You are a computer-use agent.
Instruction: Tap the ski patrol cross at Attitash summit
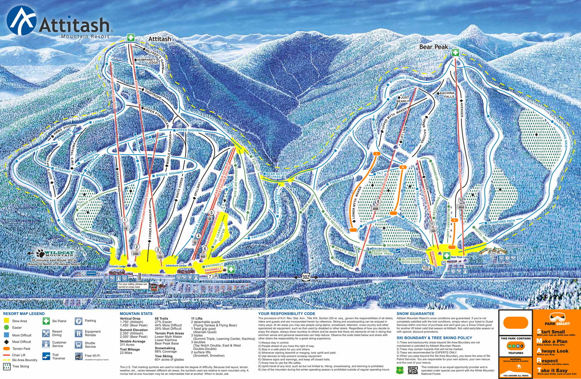coord(131,38)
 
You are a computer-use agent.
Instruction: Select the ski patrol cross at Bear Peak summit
coord(455,53)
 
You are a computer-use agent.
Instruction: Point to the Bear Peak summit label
coord(434,47)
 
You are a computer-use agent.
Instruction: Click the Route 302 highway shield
coord(306,277)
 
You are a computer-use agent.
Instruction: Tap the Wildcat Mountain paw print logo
coord(40,253)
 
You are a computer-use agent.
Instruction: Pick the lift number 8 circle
coord(378,202)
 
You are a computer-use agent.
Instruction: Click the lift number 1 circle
coord(125,220)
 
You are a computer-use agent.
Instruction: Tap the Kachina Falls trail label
coord(447,95)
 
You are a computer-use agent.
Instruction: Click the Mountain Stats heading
coord(136,314)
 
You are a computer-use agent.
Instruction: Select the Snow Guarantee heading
coord(415,314)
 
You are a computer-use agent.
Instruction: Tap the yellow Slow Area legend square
coord(6,321)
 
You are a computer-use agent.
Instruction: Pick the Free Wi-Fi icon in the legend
coord(78,356)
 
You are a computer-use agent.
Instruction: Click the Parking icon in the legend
coord(78,321)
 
